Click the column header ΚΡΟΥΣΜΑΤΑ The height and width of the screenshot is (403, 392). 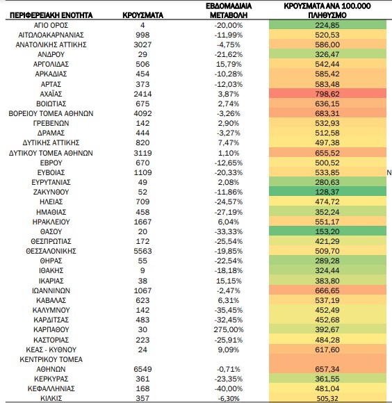[142, 15]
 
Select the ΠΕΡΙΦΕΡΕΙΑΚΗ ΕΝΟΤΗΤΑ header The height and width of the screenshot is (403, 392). [51, 15]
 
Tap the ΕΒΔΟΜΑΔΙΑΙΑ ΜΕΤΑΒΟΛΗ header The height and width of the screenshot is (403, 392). [229, 10]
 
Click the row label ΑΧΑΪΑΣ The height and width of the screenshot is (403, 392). [51, 94]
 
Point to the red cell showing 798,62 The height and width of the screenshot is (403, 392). [327, 94]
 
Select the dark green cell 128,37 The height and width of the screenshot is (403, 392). [327, 192]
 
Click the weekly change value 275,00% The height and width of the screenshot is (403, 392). [229, 329]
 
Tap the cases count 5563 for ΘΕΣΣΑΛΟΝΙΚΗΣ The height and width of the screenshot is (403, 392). [142, 251]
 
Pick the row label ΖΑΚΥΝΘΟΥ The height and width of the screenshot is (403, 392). [51, 192]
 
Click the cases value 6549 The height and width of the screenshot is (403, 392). [142, 369]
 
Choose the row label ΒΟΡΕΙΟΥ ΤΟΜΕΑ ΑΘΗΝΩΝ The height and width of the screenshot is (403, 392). [51, 113]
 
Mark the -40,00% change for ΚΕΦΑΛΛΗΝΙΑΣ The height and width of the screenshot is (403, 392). [229, 388]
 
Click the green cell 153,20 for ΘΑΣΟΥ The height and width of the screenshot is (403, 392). [327, 231]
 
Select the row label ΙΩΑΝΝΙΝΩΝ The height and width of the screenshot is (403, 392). [51, 290]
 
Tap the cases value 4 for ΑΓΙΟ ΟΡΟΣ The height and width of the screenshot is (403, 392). [142, 25]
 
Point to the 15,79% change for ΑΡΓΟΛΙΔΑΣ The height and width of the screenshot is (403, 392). [229, 64]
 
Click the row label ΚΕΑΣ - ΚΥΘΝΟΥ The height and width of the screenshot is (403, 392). [51, 349]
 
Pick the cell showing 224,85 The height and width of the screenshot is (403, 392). [327, 25]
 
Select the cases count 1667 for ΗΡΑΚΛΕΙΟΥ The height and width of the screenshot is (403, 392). [142, 222]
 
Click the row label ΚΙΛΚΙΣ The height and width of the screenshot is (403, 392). [51, 398]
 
